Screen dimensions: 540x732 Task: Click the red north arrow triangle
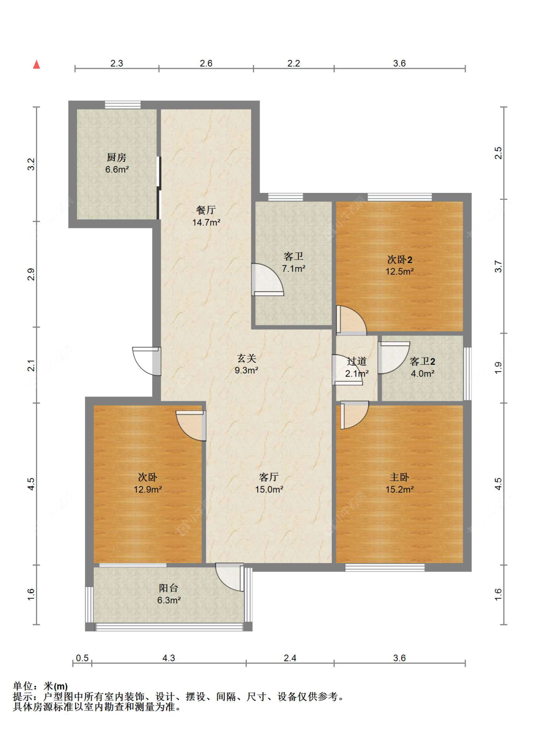coord(36,64)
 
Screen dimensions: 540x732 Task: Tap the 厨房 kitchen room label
coord(116,157)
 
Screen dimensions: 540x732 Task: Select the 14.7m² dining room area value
coord(206,223)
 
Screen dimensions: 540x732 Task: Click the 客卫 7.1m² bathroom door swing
coord(267,280)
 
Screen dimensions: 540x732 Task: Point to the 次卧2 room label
coord(400,260)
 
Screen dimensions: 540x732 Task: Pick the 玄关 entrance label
coord(246,359)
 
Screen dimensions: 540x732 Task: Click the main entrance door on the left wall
coord(147,361)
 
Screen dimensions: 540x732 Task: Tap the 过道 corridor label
coord(357,361)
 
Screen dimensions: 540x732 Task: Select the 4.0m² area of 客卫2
coord(423,373)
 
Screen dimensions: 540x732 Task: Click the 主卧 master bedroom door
coord(354,415)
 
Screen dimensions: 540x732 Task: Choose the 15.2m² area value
coord(400,489)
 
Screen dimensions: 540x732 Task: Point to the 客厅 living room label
coord(269,477)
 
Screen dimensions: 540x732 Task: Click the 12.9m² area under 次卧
coord(148,489)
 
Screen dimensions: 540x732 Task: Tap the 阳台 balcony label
coord(168,588)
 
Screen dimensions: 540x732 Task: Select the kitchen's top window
coord(123,105)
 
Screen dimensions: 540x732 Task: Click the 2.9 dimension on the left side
coord(31,274)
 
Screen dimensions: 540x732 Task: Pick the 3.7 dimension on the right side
coord(498,266)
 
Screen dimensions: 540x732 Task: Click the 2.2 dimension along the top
coord(294,63)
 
